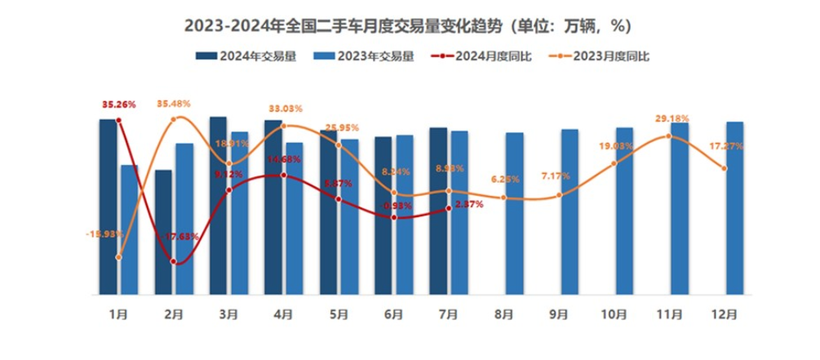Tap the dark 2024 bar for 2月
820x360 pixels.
pos(163,232)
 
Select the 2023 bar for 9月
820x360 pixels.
pos(570,211)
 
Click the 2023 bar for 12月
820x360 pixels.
pos(734,207)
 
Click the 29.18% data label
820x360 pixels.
pos(671,119)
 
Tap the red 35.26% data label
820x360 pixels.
pos(118,104)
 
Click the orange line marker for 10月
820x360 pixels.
pos(614,164)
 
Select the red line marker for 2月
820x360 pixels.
pos(174,261)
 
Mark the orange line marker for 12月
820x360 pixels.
pos(725,169)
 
